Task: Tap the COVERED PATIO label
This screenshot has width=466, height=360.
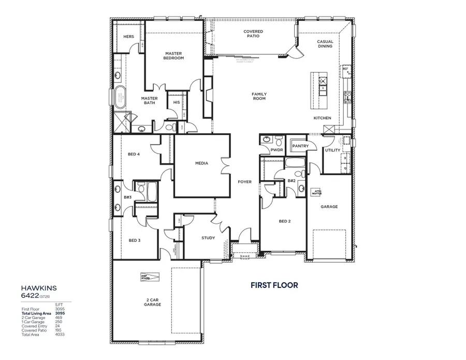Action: point(253,34)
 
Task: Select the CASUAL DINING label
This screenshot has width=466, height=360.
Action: point(325,44)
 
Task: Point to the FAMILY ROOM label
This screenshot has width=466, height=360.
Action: point(259,96)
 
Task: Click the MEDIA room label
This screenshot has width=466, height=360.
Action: point(201,163)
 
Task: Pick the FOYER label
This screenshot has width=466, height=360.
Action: point(244,182)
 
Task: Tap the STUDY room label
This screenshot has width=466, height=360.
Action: point(208,238)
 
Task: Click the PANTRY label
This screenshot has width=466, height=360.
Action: point(300,146)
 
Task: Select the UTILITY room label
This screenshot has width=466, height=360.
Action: point(332,150)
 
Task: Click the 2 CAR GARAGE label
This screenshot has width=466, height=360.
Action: point(153,302)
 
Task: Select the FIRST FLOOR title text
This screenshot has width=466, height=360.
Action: point(274,285)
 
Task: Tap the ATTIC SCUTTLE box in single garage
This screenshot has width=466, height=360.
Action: point(316,192)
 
